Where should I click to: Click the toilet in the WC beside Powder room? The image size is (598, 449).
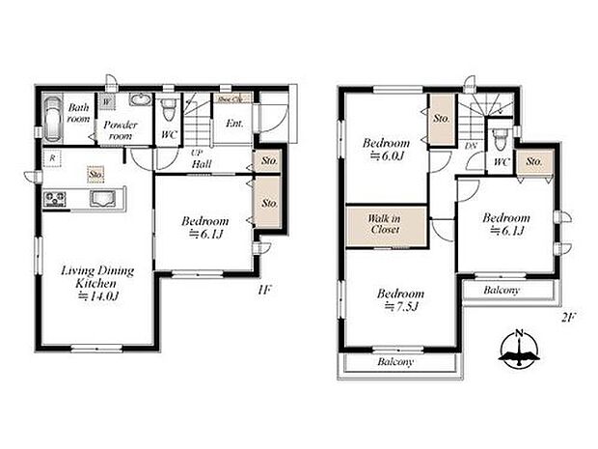point(170,104)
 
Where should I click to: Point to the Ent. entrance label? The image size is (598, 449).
point(233,124)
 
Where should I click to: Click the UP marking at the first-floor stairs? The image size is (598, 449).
point(197,154)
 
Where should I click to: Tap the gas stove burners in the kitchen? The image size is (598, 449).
point(55,201)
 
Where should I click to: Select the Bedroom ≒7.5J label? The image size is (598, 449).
point(400,299)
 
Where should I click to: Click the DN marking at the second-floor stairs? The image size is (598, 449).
point(472,145)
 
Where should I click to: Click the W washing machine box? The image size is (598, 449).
point(106,100)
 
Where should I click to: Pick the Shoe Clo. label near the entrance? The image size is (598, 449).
point(230,98)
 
